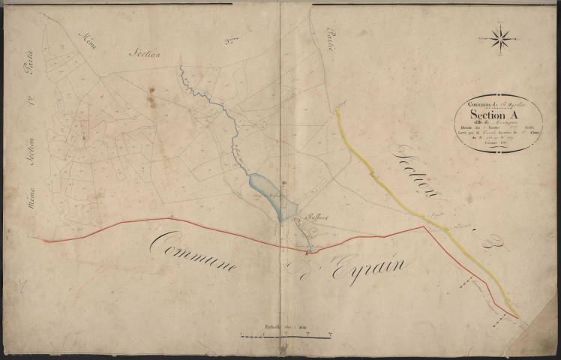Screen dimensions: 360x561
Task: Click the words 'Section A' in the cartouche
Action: click(493, 115)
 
